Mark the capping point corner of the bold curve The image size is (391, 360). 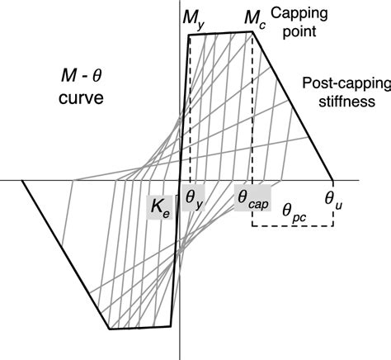252,32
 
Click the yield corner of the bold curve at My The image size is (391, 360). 190,35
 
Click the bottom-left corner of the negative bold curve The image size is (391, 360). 110,329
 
